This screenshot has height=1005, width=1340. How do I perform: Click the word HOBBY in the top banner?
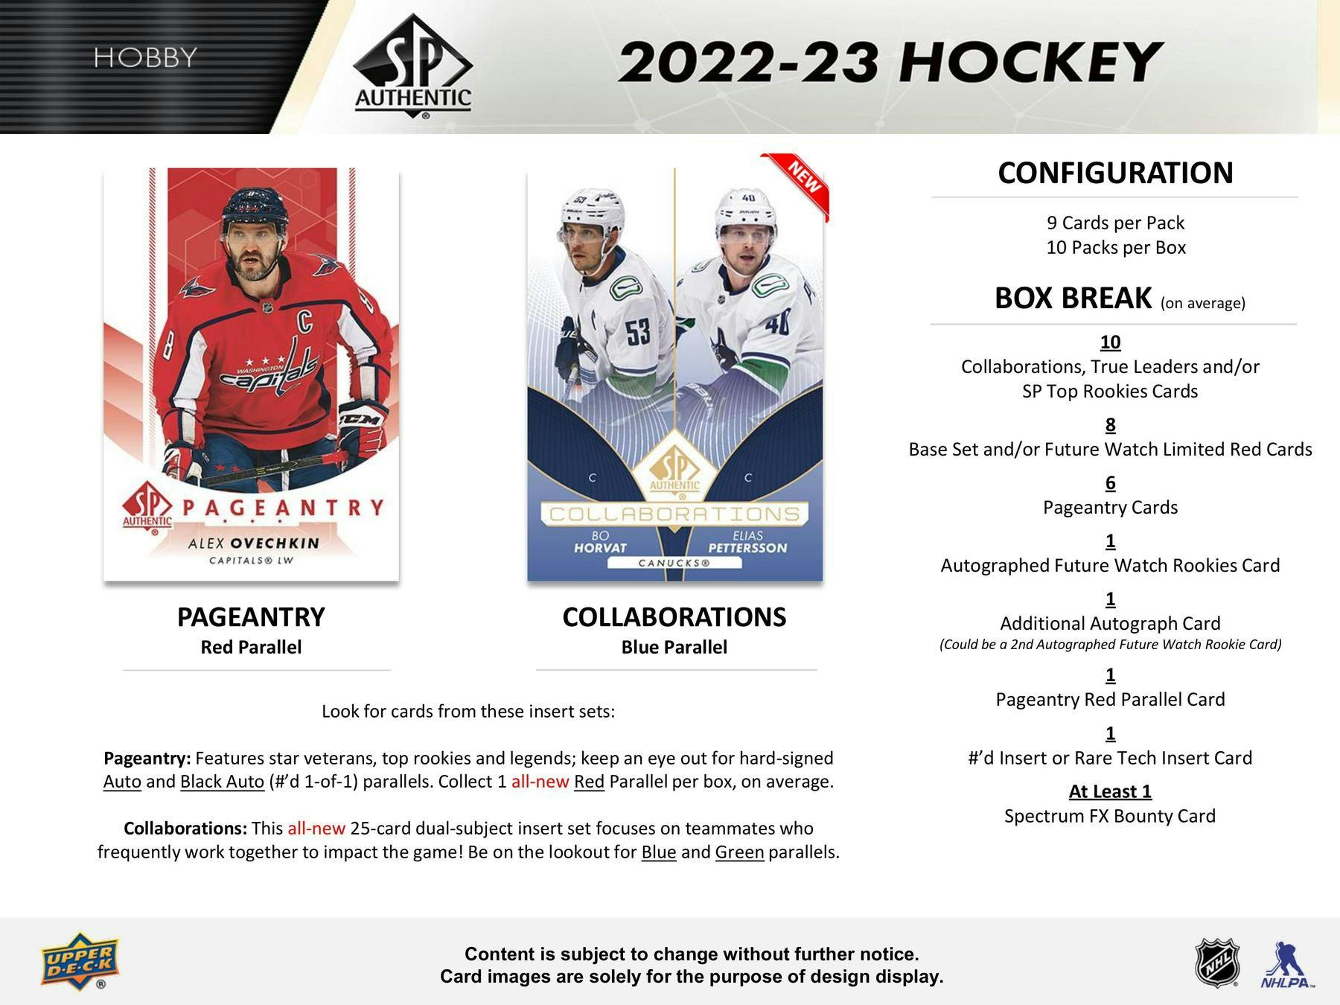point(145,57)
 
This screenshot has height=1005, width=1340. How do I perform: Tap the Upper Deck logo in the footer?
point(80,960)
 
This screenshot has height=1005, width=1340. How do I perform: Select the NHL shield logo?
point(1217,963)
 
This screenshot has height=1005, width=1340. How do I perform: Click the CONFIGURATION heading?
point(1115,173)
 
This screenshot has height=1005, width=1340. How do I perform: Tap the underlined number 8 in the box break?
point(1110,425)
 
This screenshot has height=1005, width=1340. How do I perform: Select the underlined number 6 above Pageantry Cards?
point(1110,483)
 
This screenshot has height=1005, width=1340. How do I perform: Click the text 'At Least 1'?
point(1110,791)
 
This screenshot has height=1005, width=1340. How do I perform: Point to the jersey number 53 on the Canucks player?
point(637,333)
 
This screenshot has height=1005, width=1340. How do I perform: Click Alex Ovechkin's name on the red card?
point(254,543)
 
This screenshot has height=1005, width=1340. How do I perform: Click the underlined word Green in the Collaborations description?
point(739,852)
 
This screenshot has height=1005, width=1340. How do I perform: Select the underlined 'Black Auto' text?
point(222,782)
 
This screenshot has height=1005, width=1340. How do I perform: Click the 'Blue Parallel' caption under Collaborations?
point(674,648)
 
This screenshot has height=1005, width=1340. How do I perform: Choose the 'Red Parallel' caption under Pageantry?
point(251,648)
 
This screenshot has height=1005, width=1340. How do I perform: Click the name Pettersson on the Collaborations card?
point(747,549)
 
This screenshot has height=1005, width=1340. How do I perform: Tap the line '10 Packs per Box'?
point(1115,248)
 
